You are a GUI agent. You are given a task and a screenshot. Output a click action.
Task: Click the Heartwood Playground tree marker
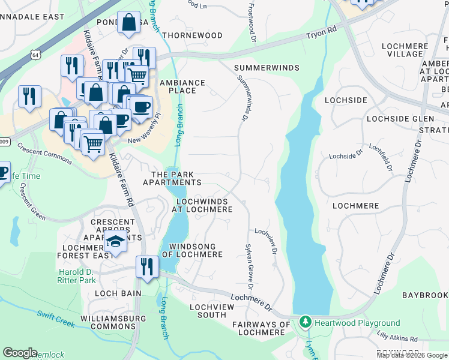306,323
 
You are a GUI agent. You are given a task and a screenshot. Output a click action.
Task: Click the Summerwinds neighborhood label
267,68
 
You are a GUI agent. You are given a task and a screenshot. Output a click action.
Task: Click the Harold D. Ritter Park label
77,276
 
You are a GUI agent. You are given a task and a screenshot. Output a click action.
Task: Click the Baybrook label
425,295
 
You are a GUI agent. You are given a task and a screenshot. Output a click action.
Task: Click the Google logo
20,353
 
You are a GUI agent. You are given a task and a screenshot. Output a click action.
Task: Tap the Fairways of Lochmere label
262,328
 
